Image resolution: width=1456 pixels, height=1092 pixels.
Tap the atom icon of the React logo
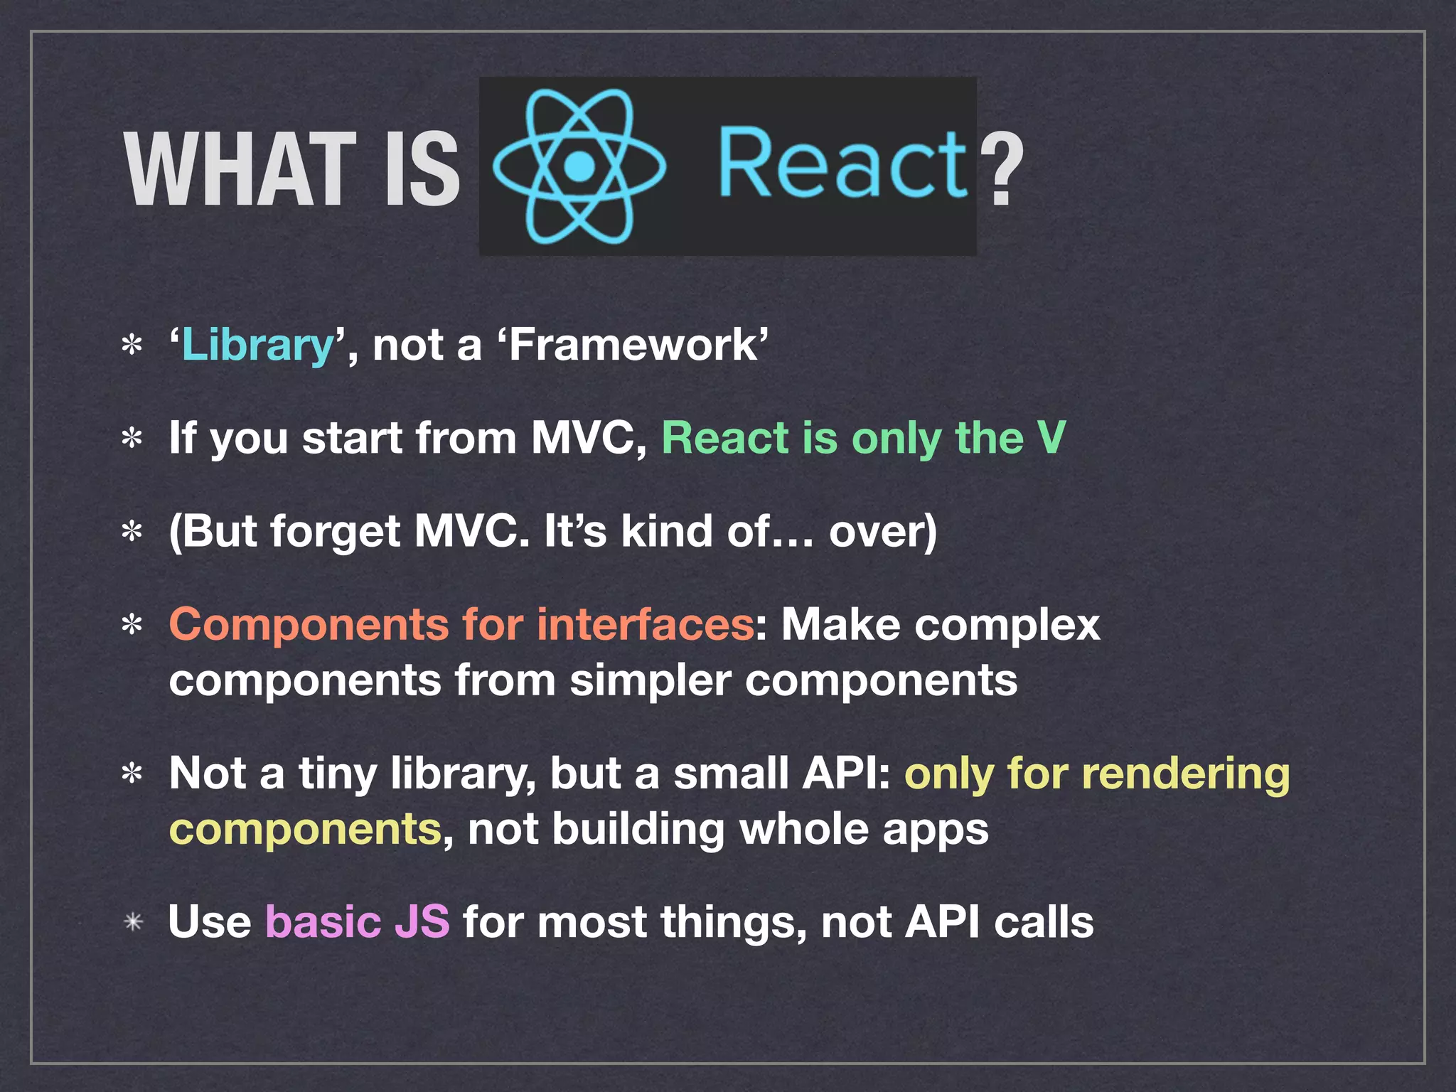579,167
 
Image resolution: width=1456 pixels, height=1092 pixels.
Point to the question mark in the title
1001,171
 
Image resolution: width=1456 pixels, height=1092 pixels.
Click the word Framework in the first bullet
634,346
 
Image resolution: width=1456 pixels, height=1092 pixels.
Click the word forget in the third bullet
336,532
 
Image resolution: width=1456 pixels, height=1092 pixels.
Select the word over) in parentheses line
882,532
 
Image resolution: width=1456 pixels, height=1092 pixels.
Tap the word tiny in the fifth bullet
337,773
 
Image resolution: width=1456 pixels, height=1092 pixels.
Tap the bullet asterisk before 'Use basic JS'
133,923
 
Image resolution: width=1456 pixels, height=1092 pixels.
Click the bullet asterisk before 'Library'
132,347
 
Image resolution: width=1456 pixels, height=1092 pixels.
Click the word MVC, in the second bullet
589,437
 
